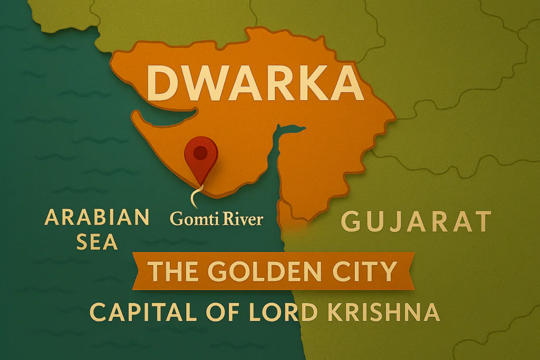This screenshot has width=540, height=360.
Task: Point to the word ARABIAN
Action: point(97,217)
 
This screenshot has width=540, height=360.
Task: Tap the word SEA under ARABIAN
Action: point(97,241)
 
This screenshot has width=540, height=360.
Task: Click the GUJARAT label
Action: point(416,222)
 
